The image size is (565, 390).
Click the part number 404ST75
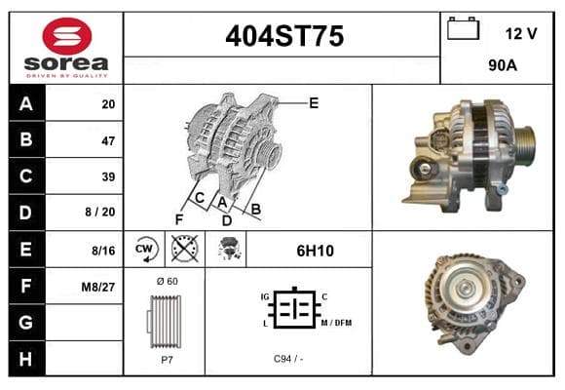tap(284, 36)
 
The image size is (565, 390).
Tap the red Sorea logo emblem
tap(67, 36)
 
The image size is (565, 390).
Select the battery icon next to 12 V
tap(463, 28)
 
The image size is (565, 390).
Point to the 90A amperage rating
tap(503, 65)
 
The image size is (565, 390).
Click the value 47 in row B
tap(108, 140)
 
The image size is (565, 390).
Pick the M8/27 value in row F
tap(98, 288)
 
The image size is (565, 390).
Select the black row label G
tap(26, 323)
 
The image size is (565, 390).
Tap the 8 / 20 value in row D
tap(100, 212)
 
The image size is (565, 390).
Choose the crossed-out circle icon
tap(184, 249)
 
